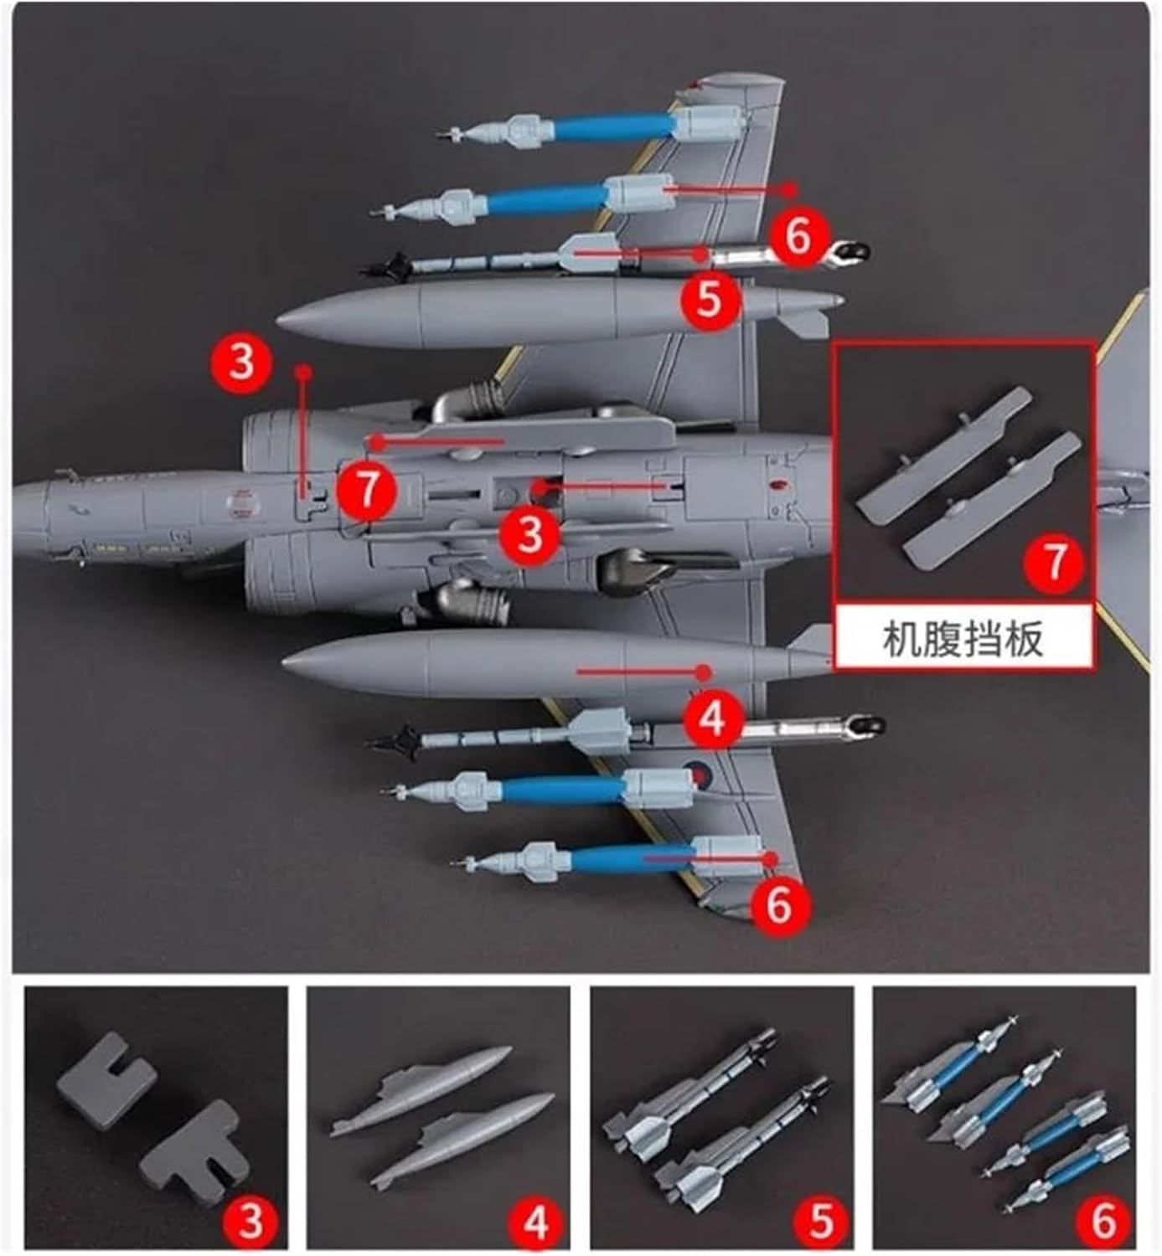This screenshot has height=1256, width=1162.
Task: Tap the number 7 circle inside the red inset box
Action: click(x=1054, y=562)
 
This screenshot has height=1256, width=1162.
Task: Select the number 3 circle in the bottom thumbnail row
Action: click(x=250, y=1221)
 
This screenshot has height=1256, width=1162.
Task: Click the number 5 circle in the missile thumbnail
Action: click(x=820, y=1221)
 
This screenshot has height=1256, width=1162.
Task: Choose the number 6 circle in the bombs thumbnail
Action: click(x=1103, y=1221)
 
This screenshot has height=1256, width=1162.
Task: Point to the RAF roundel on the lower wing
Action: click(x=698, y=772)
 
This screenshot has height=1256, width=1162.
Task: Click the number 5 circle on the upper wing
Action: click(x=710, y=298)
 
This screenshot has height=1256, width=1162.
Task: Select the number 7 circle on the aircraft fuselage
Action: click(x=366, y=490)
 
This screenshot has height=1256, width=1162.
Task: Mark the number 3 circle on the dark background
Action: click(x=242, y=363)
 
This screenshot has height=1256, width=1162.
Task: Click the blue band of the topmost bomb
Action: click(x=612, y=126)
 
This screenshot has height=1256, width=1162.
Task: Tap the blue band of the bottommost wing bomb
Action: click(x=633, y=858)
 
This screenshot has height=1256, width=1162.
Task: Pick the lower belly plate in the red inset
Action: click(x=991, y=500)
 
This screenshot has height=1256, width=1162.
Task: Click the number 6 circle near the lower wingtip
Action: click(x=779, y=905)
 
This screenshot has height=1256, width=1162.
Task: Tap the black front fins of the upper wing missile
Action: click(x=386, y=266)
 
